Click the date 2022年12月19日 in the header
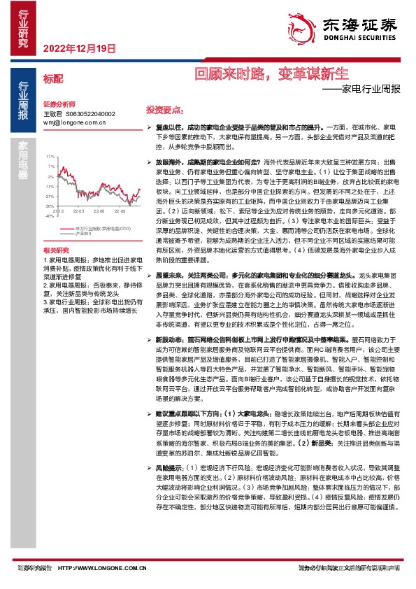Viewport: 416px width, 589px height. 78,48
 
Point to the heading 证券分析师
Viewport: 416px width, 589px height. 59,102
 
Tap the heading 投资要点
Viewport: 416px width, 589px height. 165,110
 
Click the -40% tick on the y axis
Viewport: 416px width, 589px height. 50,216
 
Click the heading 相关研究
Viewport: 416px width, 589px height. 56,250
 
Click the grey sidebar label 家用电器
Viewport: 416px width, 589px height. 24,160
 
